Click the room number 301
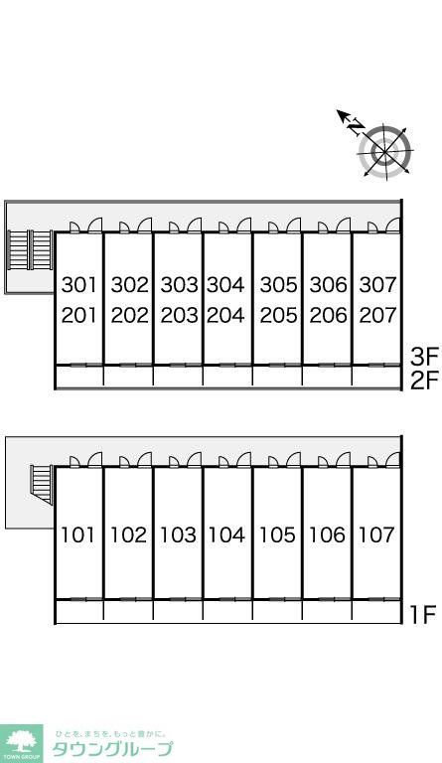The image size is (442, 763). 79,285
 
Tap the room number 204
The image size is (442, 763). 225,315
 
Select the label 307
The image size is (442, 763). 377,285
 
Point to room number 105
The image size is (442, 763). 277,534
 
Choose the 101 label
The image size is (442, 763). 77,534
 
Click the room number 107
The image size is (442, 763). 376,534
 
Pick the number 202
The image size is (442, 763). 130,315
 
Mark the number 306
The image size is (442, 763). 328,285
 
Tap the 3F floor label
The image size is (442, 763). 424,357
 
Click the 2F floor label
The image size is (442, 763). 424,381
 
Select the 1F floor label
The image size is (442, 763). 421,615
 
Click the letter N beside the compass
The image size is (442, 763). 357,126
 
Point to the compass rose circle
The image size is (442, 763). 385,151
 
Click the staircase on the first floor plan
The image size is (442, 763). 42,484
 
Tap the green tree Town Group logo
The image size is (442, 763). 21,743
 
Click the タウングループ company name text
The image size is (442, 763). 112,749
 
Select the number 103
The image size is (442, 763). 178,534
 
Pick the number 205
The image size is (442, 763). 278,315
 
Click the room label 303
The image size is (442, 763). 180,285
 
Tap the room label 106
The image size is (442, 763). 327,534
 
